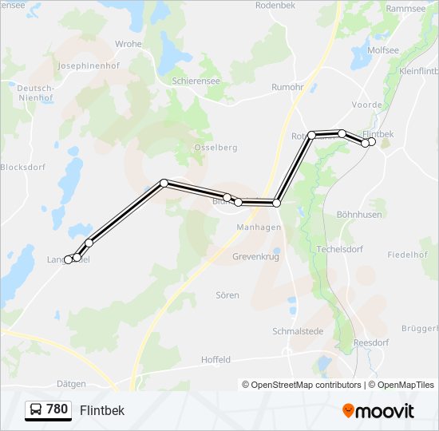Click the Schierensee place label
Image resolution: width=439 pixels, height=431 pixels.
(x=196, y=81)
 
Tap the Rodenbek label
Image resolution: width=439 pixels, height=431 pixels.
(x=275, y=6)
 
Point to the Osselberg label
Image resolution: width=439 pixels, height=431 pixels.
(x=216, y=148)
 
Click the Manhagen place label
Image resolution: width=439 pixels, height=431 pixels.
(x=259, y=227)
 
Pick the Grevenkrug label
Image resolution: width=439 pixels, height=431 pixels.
(x=257, y=257)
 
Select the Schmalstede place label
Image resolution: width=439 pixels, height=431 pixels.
(x=297, y=330)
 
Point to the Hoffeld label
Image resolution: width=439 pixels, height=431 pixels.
(x=216, y=360)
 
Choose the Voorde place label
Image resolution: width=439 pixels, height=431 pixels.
(x=366, y=105)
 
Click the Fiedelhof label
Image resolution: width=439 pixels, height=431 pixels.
(x=407, y=255)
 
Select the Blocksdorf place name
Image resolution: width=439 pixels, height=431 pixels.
(x=23, y=168)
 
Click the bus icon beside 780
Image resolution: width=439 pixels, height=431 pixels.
(x=35, y=410)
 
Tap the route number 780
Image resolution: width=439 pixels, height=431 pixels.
(x=57, y=409)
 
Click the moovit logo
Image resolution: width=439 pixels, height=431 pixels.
(x=378, y=411)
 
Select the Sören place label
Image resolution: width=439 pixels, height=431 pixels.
(x=227, y=295)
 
